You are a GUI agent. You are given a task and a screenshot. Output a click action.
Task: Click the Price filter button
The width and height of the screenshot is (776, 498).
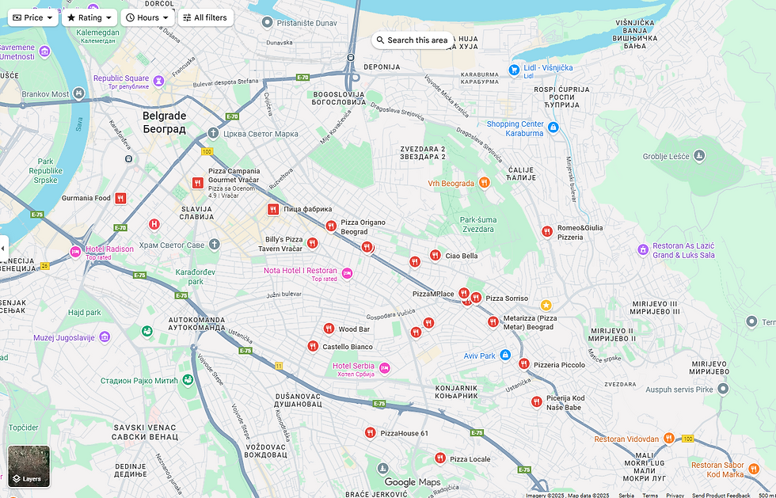click(33, 17)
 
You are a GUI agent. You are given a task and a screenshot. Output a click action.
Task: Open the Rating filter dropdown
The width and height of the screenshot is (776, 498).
click(89, 17)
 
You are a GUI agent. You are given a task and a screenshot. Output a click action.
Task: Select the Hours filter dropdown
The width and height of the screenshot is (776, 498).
click(147, 17)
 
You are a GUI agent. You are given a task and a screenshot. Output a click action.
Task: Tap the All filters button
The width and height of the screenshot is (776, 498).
click(205, 17)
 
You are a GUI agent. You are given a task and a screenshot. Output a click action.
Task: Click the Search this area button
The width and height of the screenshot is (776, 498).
click(413, 40)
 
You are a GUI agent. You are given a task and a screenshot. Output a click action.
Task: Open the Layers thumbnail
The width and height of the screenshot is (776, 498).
click(29, 466)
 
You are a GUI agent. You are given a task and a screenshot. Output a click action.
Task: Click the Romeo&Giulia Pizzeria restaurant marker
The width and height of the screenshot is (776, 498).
click(546, 231)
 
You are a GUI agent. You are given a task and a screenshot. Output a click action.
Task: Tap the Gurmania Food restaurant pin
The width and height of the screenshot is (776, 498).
click(120, 198)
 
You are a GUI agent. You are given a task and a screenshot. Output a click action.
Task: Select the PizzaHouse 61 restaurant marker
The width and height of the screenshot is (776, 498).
click(370, 432)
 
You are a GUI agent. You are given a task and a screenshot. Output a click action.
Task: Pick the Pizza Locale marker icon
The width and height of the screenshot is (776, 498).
click(439, 458)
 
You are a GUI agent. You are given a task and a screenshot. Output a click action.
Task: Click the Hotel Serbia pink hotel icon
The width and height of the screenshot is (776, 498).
click(384, 368)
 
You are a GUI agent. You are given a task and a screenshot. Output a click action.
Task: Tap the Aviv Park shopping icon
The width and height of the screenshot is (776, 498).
click(505, 355)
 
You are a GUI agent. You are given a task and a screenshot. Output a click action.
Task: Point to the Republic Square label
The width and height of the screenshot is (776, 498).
click(121, 78)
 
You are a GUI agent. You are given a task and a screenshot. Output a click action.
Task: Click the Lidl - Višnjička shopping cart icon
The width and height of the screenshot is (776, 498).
click(515, 69)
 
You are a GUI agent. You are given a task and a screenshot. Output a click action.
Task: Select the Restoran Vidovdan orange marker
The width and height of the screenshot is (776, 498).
click(669, 438)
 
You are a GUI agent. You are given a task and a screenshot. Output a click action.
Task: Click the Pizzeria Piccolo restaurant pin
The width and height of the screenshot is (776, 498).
click(523, 364)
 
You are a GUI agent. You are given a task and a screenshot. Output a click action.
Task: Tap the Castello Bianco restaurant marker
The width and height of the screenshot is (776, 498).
click(313, 346)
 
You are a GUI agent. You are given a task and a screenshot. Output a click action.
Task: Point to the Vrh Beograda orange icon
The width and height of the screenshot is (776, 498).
click(484, 183)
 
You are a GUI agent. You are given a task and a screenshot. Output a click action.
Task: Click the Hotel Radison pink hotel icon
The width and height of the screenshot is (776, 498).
click(75, 252)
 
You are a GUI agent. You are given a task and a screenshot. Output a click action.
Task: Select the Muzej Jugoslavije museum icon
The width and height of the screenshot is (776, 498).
click(103, 337)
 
